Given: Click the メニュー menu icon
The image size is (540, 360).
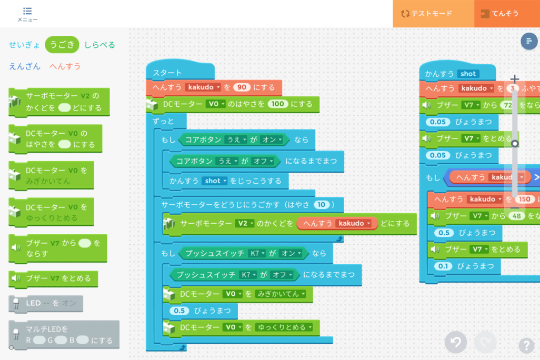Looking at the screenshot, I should [27, 14].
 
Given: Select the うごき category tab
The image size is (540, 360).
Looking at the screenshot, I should [62, 45].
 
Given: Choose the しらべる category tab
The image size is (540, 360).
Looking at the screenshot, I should [99, 45].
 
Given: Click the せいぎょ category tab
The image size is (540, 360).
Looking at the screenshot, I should [24, 45].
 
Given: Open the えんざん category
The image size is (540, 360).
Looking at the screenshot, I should [24, 66].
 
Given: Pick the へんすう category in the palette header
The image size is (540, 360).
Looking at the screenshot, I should [65, 66].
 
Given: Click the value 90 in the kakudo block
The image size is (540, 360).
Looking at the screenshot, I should [242, 87].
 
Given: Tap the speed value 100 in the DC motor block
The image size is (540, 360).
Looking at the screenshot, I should [277, 104].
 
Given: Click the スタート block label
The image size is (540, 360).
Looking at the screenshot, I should [167, 73].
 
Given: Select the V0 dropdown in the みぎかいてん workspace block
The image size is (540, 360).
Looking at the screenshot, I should [231, 294].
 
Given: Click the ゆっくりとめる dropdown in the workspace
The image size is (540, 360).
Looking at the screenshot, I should [284, 327].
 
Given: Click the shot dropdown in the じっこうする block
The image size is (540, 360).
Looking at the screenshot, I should [215, 181].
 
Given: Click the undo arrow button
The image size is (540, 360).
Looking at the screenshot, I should [455, 343].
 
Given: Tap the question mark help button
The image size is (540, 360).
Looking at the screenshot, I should [526, 345].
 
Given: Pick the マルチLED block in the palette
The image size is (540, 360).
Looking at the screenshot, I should [64, 335].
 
